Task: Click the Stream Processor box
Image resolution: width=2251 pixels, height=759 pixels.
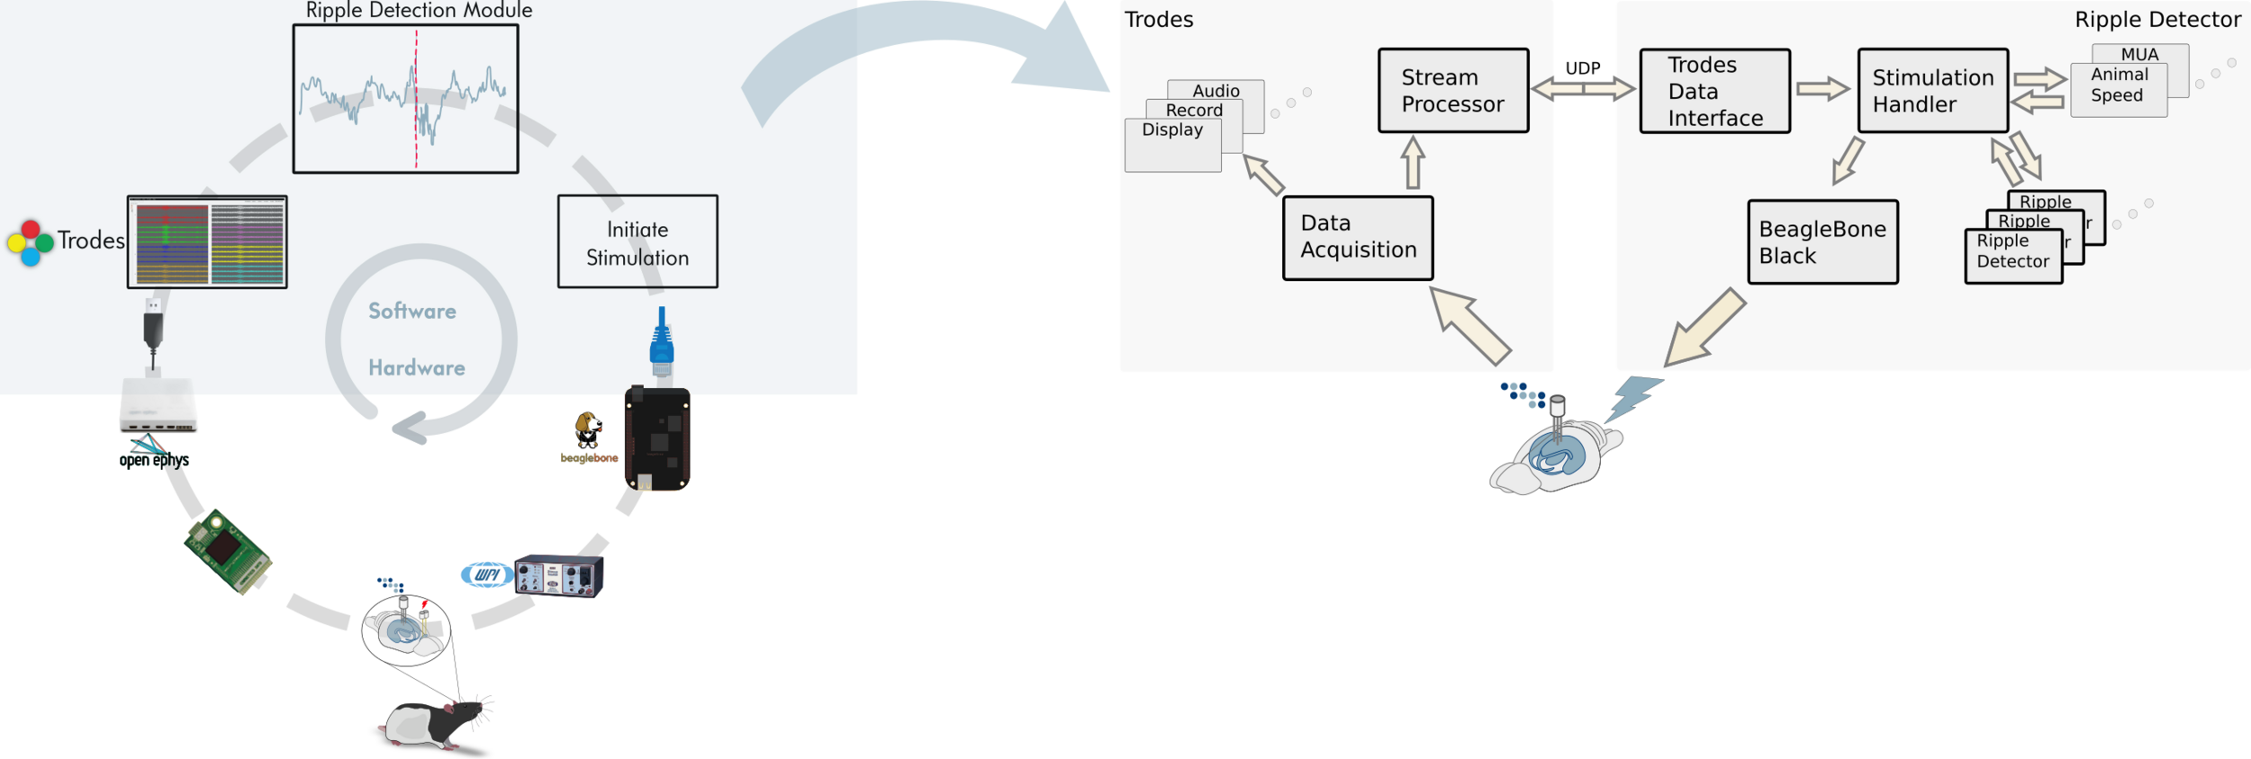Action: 1452,91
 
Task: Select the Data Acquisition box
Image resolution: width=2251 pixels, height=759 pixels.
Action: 1357,238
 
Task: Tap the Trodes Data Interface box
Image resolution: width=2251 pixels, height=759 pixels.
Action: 1714,91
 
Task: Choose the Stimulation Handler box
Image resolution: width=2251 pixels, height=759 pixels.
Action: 1932,91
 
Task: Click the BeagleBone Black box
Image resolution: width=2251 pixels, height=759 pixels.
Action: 1822,242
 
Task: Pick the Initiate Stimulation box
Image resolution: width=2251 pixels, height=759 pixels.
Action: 637,242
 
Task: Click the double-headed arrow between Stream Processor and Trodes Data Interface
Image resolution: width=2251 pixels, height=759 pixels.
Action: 1583,88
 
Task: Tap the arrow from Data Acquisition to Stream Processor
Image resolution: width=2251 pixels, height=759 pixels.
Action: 1413,162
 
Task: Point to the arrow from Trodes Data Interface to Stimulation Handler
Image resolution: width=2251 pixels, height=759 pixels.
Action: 1822,88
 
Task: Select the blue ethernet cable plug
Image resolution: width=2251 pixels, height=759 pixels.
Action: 662,342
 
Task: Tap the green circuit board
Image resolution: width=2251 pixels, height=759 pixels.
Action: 228,551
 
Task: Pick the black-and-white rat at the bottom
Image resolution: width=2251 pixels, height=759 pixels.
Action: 437,721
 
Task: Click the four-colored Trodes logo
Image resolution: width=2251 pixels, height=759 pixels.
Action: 30,242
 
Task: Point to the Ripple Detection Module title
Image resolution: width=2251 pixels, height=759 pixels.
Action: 419,11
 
